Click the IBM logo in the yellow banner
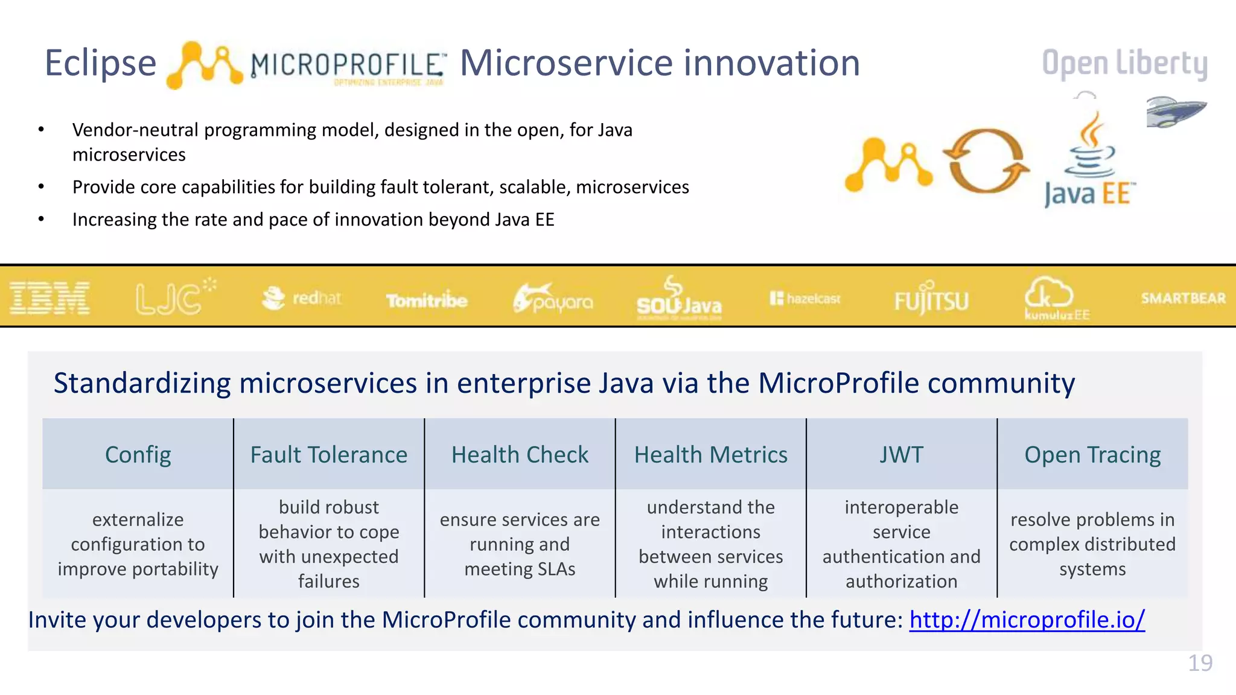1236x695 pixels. pos(49,298)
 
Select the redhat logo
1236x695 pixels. pos(302,298)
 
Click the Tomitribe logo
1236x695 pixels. pos(427,300)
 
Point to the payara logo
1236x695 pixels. pos(553,298)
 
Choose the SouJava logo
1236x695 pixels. pos(679,299)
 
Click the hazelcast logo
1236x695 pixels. pos(805,299)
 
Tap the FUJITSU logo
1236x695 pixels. pos(931,299)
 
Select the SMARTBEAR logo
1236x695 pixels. pos(1183,298)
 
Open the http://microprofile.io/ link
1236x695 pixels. pos(1027,620)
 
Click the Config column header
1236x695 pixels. pos(138,454)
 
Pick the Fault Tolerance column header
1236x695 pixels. pos(329,454)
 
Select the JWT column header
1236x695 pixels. pos(901,454)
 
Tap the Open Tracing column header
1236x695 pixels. pos(1092,454)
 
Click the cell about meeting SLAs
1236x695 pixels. pos(520,544)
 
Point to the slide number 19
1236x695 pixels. pos(1200,663)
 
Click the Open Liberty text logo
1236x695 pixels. pos(1124,63)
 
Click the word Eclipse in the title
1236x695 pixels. pos(100,63)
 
